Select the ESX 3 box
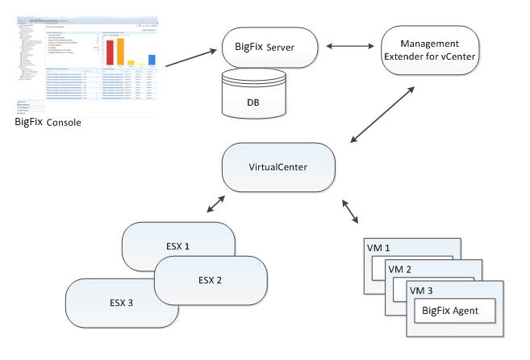click(x=121, y=303)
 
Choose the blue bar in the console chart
click(x=152, y=58)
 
